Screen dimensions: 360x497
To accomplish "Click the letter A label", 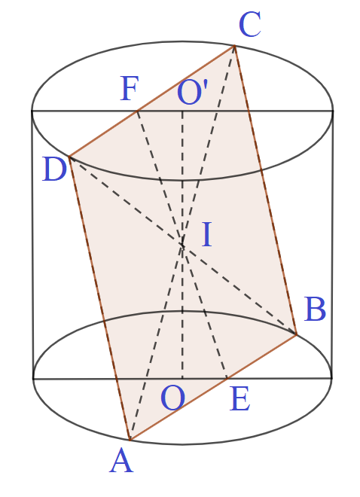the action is pyautogui.click(x=121, y=462).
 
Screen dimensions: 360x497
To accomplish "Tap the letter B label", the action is pyautogui.click(x=315, y=309).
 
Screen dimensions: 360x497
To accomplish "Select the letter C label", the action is pyautogui.click(x=250, y=24).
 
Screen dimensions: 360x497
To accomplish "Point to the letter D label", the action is pyautogui.click(x=54, y=169).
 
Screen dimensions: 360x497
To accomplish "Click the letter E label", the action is pyautogui.click(x=240, y=399).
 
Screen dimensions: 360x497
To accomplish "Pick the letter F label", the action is pyautogui.click(x=130, y=88).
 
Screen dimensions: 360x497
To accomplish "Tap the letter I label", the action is pyautogui.click(x=207, y=234).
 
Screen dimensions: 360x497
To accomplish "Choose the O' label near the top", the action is pyautogui.click(x=192, y=92).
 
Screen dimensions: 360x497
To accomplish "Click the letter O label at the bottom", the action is pyautogui.click(x=173, y=399).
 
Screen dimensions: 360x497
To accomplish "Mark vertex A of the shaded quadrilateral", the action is pyautogui.click(x=130, y=440).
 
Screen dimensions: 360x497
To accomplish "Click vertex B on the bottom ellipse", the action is pyautogui.click(x=296, y=334).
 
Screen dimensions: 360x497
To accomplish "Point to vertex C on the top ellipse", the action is pyautogui.click(x=234, y=46).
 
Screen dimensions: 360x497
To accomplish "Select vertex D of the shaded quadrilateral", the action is pyautogui.click(x=69, y=157).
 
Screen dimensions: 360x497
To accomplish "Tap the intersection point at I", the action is pyautogui.click(x=182, y=245).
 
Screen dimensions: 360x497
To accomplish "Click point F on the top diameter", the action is pyautogui.click(x=137, y=111).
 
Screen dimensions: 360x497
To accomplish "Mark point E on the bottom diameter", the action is pyautogui.click(x=227, y=378).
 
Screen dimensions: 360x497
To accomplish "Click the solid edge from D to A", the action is pyautogui.click(x=99, y=298).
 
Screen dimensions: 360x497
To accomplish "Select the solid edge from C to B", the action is pyautogui.click(x=265, y=190).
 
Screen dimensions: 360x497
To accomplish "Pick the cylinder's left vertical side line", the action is pyautogui.click(x=32, y=245).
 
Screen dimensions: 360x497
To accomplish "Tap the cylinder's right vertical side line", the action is pyautogui.click(x=332, y=244).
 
